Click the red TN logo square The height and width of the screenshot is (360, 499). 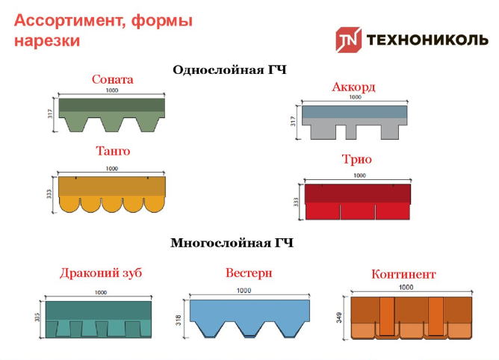(348, 40)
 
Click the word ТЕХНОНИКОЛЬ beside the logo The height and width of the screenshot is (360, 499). (427, 40)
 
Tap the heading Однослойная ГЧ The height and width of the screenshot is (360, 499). (230, 69)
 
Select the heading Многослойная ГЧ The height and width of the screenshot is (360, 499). (232, 243)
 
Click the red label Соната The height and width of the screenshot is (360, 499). (113, 79)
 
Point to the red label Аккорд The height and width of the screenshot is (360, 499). (353, 87)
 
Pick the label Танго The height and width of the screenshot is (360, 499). (113, 151)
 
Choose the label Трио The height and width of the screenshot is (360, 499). (357, 159)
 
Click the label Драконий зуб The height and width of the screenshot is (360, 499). (101, 273)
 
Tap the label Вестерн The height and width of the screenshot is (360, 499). (249, 273)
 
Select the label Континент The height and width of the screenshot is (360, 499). (403, 274)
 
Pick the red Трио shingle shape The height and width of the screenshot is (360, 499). (358, 202)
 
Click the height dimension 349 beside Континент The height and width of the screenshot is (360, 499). (340, 317)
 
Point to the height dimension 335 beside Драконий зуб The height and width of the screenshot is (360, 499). (37, 317)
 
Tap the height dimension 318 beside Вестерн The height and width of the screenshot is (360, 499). (179, 320)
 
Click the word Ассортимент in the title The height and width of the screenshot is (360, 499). (67, 21)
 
